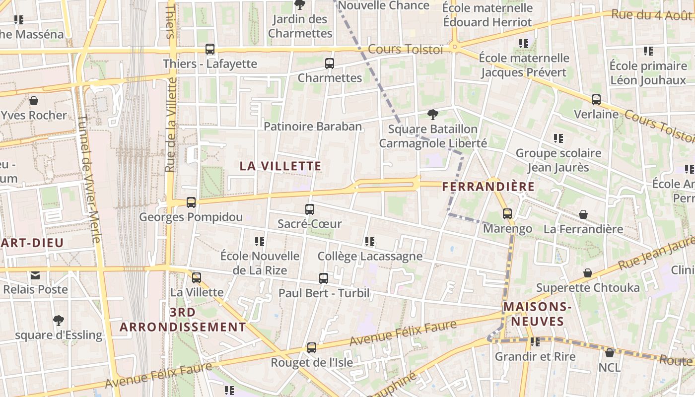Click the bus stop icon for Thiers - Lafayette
210,49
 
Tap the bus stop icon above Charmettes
330,64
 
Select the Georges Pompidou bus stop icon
191,202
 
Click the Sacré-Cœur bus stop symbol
310,209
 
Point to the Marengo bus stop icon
507,214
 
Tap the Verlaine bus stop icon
596,100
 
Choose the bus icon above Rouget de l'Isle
311,348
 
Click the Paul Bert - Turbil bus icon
324,278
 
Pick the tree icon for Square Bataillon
433,115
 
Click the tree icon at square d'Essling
59,320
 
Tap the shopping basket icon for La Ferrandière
583,214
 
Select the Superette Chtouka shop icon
587,273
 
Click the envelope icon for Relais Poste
35,275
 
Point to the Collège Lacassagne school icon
369,242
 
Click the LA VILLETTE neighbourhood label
280,166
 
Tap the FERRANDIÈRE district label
488,187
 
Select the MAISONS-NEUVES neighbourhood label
538,314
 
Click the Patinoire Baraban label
313,127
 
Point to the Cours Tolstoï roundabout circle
454,48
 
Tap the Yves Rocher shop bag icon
34,101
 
